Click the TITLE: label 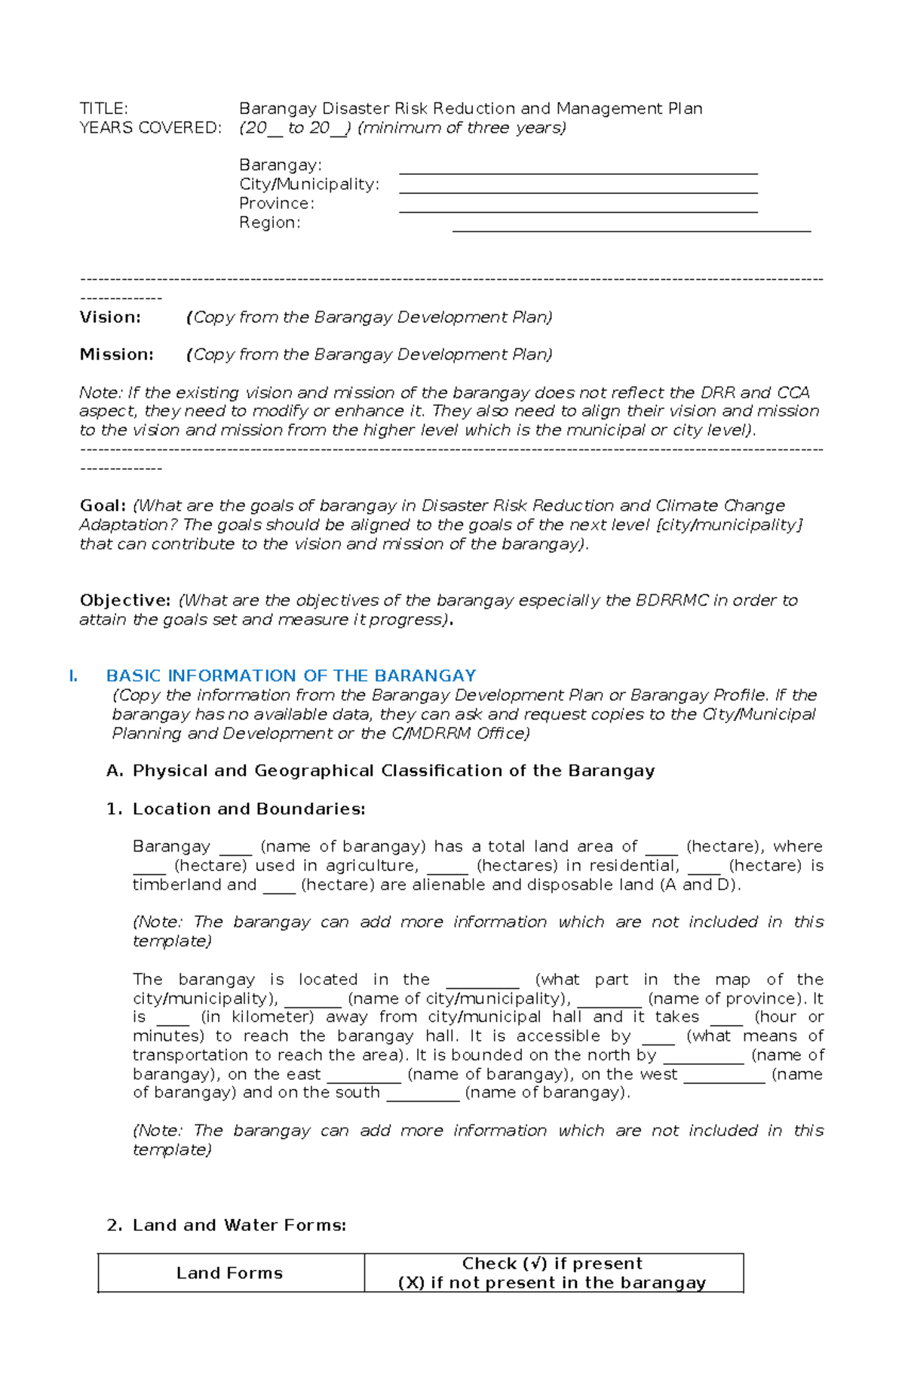(104, 109)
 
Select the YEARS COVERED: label (150, 127)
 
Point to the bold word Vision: (110, 317)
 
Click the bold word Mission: (116, 354)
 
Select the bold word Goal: (103, 505)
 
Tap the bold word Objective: (125, 600)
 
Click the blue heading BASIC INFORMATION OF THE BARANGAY (291, 676)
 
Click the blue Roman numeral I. (73, 676)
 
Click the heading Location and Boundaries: (248, 809)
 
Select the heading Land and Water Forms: (239, 1226)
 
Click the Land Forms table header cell (230, 1273)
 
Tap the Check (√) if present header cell (552, 1273)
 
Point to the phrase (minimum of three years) (462, 127)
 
